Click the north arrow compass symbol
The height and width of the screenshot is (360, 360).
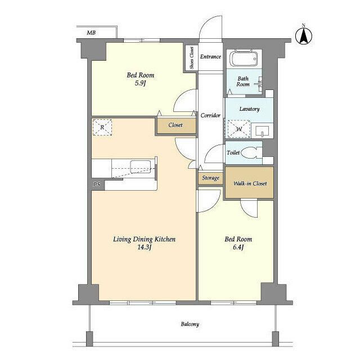(x=303, y=35)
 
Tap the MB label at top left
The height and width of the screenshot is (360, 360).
(x=91, y=33)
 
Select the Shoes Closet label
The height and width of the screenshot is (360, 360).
(x=192, y=57)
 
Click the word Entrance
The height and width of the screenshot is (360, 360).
(x=210, y=56)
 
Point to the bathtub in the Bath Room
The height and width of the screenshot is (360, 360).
(x=244, y=58)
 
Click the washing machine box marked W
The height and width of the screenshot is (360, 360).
(x=238, y=129)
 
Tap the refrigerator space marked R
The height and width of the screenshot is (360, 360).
(x=102, y=127)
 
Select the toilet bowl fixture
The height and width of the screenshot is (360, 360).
(x=251, y=152)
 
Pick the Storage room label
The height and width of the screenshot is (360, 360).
(x=210, y=178)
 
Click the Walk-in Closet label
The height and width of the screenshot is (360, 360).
(x=250, y=183)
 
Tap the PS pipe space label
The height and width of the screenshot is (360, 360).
(x=97, y=184)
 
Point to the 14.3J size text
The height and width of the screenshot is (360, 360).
(x=144, y=247)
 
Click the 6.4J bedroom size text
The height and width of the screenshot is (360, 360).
(x=238, y=247)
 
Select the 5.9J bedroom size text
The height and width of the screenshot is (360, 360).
(x=140, y=83)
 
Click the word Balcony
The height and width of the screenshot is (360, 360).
(x=190, y=324)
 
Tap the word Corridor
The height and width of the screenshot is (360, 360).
(x=210, y=115)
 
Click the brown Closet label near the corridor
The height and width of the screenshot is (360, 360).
(x=175, y=125)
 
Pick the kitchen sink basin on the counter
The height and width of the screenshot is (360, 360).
(x=141, y=166)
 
